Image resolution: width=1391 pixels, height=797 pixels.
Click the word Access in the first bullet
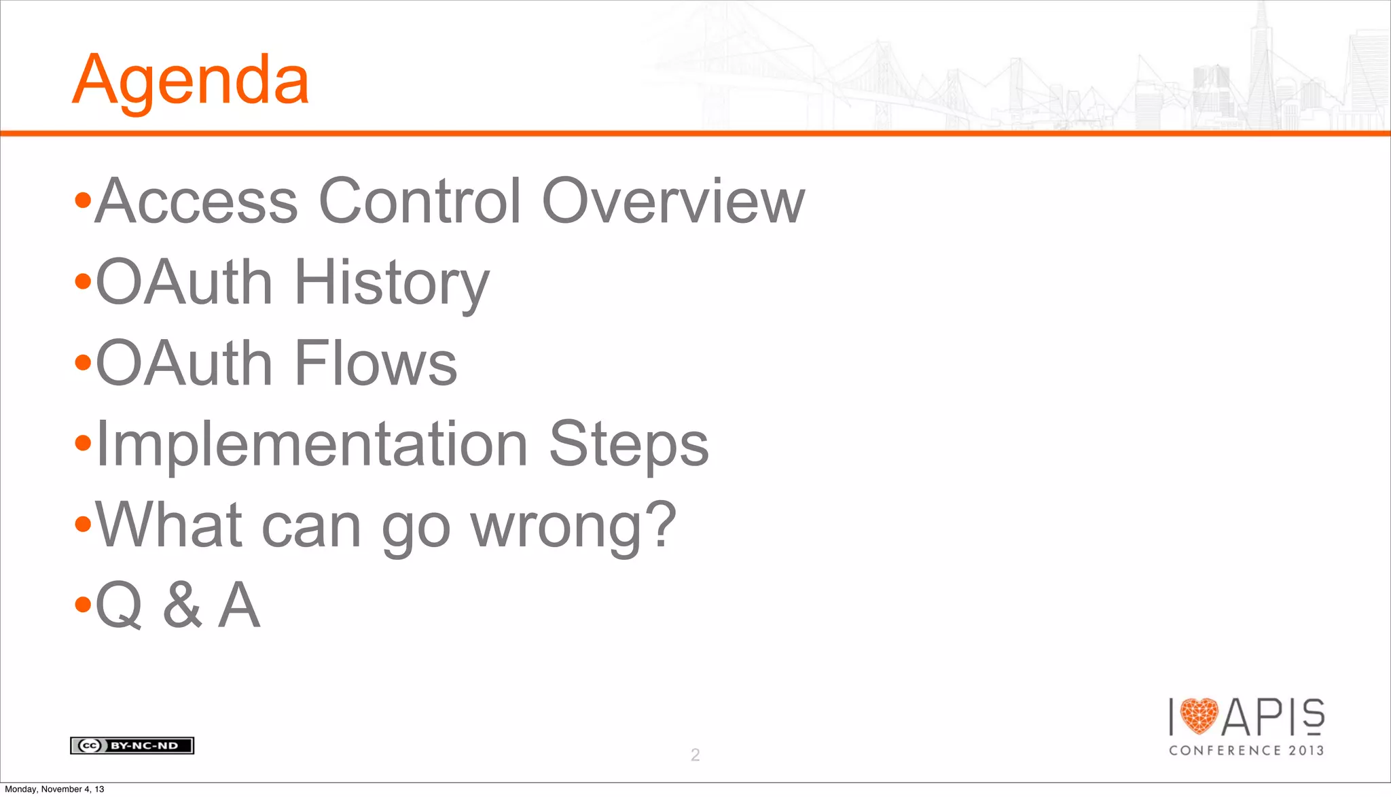196,201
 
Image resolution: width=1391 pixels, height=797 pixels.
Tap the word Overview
672,201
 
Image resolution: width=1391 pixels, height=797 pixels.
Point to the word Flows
376,364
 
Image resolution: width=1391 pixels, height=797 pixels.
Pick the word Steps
628,444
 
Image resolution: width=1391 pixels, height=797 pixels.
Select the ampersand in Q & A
182,605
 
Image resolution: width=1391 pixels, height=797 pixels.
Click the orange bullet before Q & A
83,604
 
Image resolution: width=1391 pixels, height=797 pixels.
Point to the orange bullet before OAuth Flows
83,363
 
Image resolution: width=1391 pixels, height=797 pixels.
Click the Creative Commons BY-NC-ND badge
132,745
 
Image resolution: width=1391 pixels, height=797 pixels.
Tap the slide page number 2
695,754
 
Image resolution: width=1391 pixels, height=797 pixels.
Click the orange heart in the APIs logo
1199,716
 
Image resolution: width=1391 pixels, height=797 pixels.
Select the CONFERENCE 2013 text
1246,750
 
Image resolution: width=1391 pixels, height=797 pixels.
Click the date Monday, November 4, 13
55,789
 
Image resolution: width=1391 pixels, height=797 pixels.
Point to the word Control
420,201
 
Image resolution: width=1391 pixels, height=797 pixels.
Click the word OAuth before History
184,283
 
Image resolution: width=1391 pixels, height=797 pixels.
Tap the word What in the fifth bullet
169,525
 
